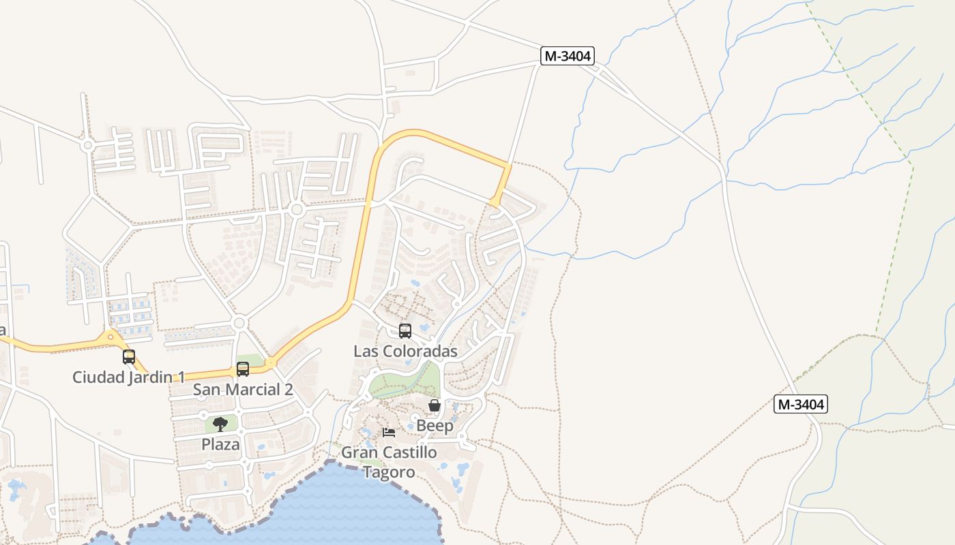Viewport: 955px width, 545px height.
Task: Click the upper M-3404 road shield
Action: pos(567,56)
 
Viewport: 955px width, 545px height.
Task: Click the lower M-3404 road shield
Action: pos(801,404)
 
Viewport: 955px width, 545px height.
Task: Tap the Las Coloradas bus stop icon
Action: pos(405,332)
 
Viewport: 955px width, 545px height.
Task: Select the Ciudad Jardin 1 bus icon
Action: pos(129,356)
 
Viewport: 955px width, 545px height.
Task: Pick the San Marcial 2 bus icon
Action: pos(243,369)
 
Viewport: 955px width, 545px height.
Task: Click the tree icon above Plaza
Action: pos(220,424)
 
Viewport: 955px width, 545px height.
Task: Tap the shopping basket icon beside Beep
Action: pos(435,406)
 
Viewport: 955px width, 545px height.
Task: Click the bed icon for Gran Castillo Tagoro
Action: pos(389,432)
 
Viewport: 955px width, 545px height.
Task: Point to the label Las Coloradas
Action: pos(405,352)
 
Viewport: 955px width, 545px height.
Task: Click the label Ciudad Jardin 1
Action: pos(129,377)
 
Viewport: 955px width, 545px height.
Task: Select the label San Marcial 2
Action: pos(243,390)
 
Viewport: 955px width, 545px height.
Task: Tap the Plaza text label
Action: pos(220,444)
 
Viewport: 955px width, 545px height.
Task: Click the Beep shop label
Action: pos(435,426)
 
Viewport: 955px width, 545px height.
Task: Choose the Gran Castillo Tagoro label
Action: pos(389,462)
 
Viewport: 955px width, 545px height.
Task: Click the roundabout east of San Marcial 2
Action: pos(271,362)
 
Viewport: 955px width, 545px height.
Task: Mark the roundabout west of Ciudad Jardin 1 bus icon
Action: pos(111,336)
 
